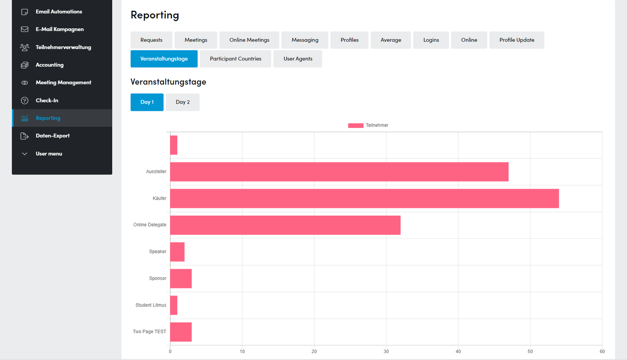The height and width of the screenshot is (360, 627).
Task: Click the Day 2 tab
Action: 182,102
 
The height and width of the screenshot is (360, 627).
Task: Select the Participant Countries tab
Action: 236,59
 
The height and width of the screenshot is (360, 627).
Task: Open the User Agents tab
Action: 298,59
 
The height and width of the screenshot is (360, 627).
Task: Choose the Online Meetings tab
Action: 249,40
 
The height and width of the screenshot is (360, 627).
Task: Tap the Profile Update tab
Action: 517,40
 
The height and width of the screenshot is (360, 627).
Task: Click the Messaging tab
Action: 305,40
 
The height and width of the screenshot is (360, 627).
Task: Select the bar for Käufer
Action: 365,199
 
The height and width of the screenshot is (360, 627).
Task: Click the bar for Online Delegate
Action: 285,225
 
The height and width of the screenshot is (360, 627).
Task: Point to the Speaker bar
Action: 177,252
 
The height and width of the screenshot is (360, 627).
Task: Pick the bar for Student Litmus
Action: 174,305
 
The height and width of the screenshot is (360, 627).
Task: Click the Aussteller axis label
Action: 156,172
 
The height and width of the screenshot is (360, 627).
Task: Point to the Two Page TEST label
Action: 149,332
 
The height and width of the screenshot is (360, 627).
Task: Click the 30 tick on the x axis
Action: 386,351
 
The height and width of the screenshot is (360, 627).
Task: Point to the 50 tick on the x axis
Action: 530,351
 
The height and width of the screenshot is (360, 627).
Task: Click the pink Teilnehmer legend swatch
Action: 356,125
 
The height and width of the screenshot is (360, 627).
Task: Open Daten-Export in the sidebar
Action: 53,136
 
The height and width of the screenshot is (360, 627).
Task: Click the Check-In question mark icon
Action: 25,101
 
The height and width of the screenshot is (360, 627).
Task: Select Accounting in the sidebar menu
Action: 49,65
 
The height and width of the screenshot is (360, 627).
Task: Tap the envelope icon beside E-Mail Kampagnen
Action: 25,29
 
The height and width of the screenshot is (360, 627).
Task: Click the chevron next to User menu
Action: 25,154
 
